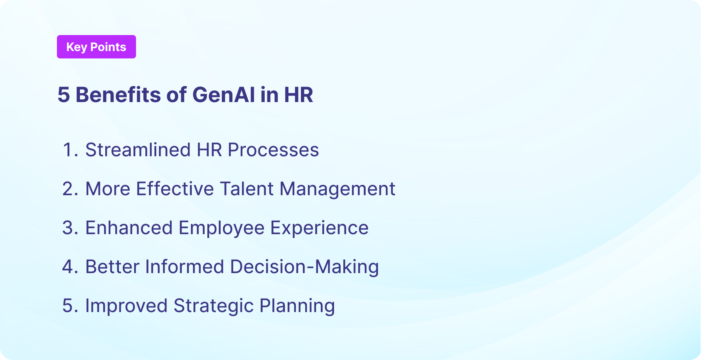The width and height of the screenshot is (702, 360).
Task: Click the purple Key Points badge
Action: [96, 47]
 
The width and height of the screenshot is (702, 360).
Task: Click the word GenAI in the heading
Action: [224, 95]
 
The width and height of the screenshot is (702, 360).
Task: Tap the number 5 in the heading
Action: [64, 95]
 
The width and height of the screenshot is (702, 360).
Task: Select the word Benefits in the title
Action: [118, 95]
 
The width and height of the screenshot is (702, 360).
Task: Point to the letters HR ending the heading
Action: [298, 95]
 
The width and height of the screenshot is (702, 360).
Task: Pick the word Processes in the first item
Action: [273, 150]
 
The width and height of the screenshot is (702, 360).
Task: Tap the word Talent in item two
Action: [247, 189]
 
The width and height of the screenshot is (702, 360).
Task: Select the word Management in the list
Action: [337, 189]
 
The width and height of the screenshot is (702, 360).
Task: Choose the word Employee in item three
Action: [221, 228]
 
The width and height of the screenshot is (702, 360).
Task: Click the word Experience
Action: [319, 228]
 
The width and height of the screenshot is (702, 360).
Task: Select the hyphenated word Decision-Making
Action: [304, 267]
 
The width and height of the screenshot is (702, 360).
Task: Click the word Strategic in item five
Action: [214, 306]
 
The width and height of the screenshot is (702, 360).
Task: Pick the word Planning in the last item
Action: [297, 306]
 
